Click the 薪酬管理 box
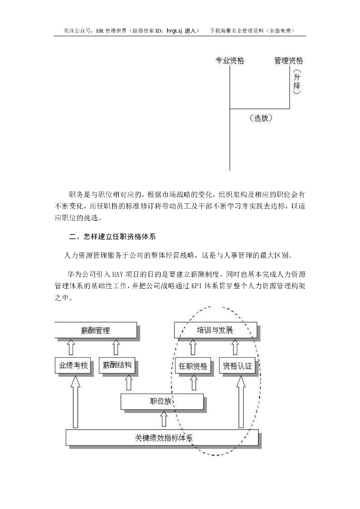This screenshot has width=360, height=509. point(95,330)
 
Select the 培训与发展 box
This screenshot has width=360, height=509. point(216,330)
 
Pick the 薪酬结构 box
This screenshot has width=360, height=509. point(118,366)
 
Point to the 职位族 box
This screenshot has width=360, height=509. point(162,402)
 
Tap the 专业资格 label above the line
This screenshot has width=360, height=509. point(229,61)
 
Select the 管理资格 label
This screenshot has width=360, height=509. point(288,61)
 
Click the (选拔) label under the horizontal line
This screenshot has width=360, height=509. point(261,118)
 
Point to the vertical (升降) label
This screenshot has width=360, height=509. point(296,83)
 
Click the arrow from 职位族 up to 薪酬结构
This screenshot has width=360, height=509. point(128,384)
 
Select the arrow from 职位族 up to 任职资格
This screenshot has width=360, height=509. point(193,384)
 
